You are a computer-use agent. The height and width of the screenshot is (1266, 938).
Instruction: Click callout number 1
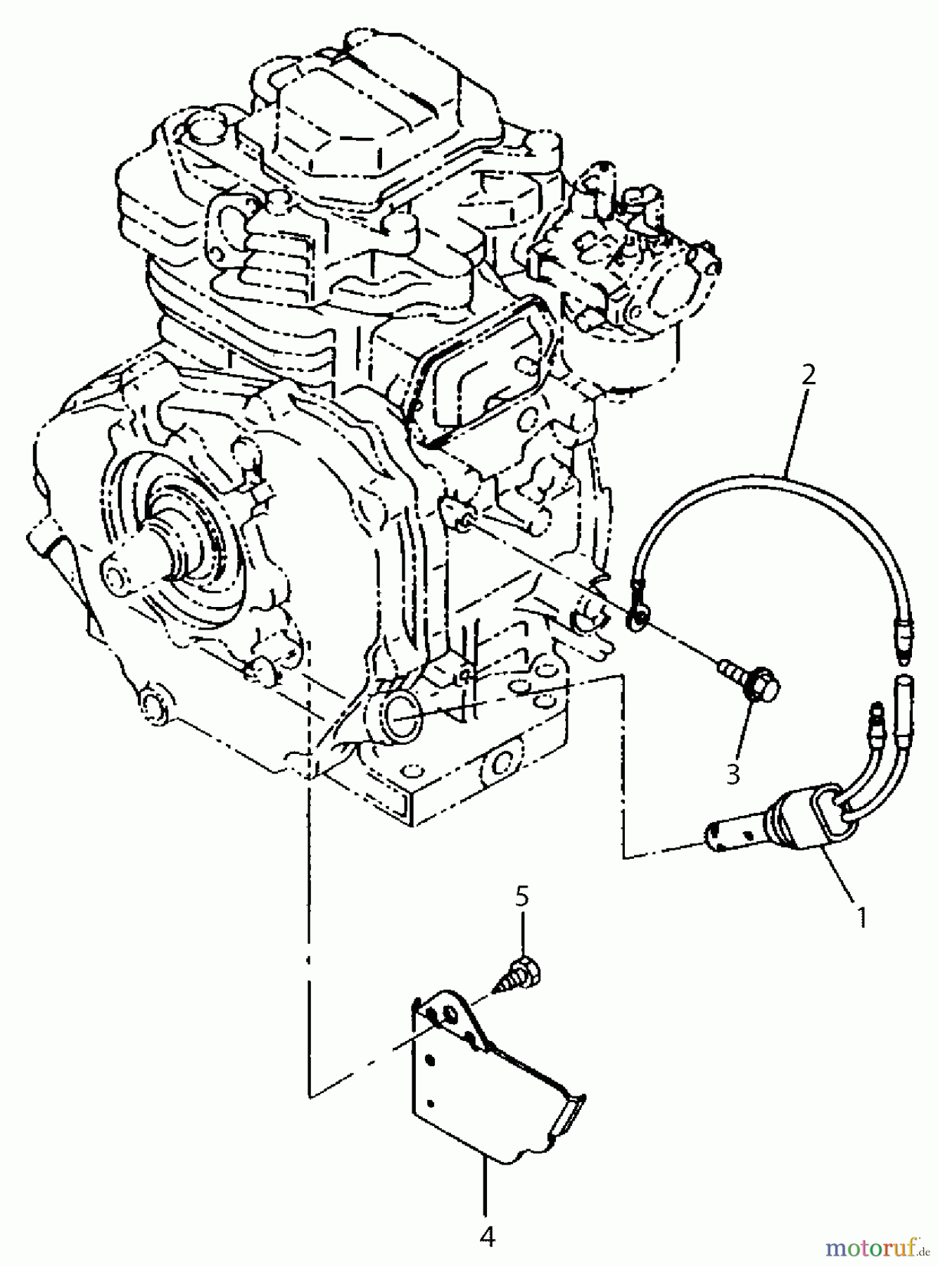(x=861, y=917)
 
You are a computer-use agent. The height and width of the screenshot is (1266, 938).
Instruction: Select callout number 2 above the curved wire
(x=809, y=375)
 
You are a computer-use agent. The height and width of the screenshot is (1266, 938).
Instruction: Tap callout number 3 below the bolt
(x=733, y=774)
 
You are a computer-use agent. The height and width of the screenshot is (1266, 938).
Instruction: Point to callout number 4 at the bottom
(x=487, y=1236)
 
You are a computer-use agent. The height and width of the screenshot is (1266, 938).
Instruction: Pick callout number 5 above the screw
(x=521, y=896)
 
